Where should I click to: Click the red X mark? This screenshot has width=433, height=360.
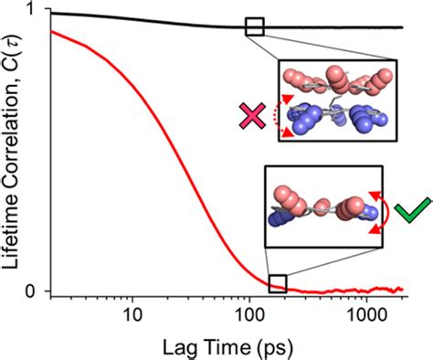(x=249, y=116)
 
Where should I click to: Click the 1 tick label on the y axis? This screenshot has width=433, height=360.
(x=34, y=12)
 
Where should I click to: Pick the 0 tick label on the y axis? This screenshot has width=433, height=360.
(x=34, y=291)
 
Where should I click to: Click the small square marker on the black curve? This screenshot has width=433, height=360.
(x=255, y=26)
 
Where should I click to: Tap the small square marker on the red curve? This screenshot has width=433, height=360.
(x=277, y=284)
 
